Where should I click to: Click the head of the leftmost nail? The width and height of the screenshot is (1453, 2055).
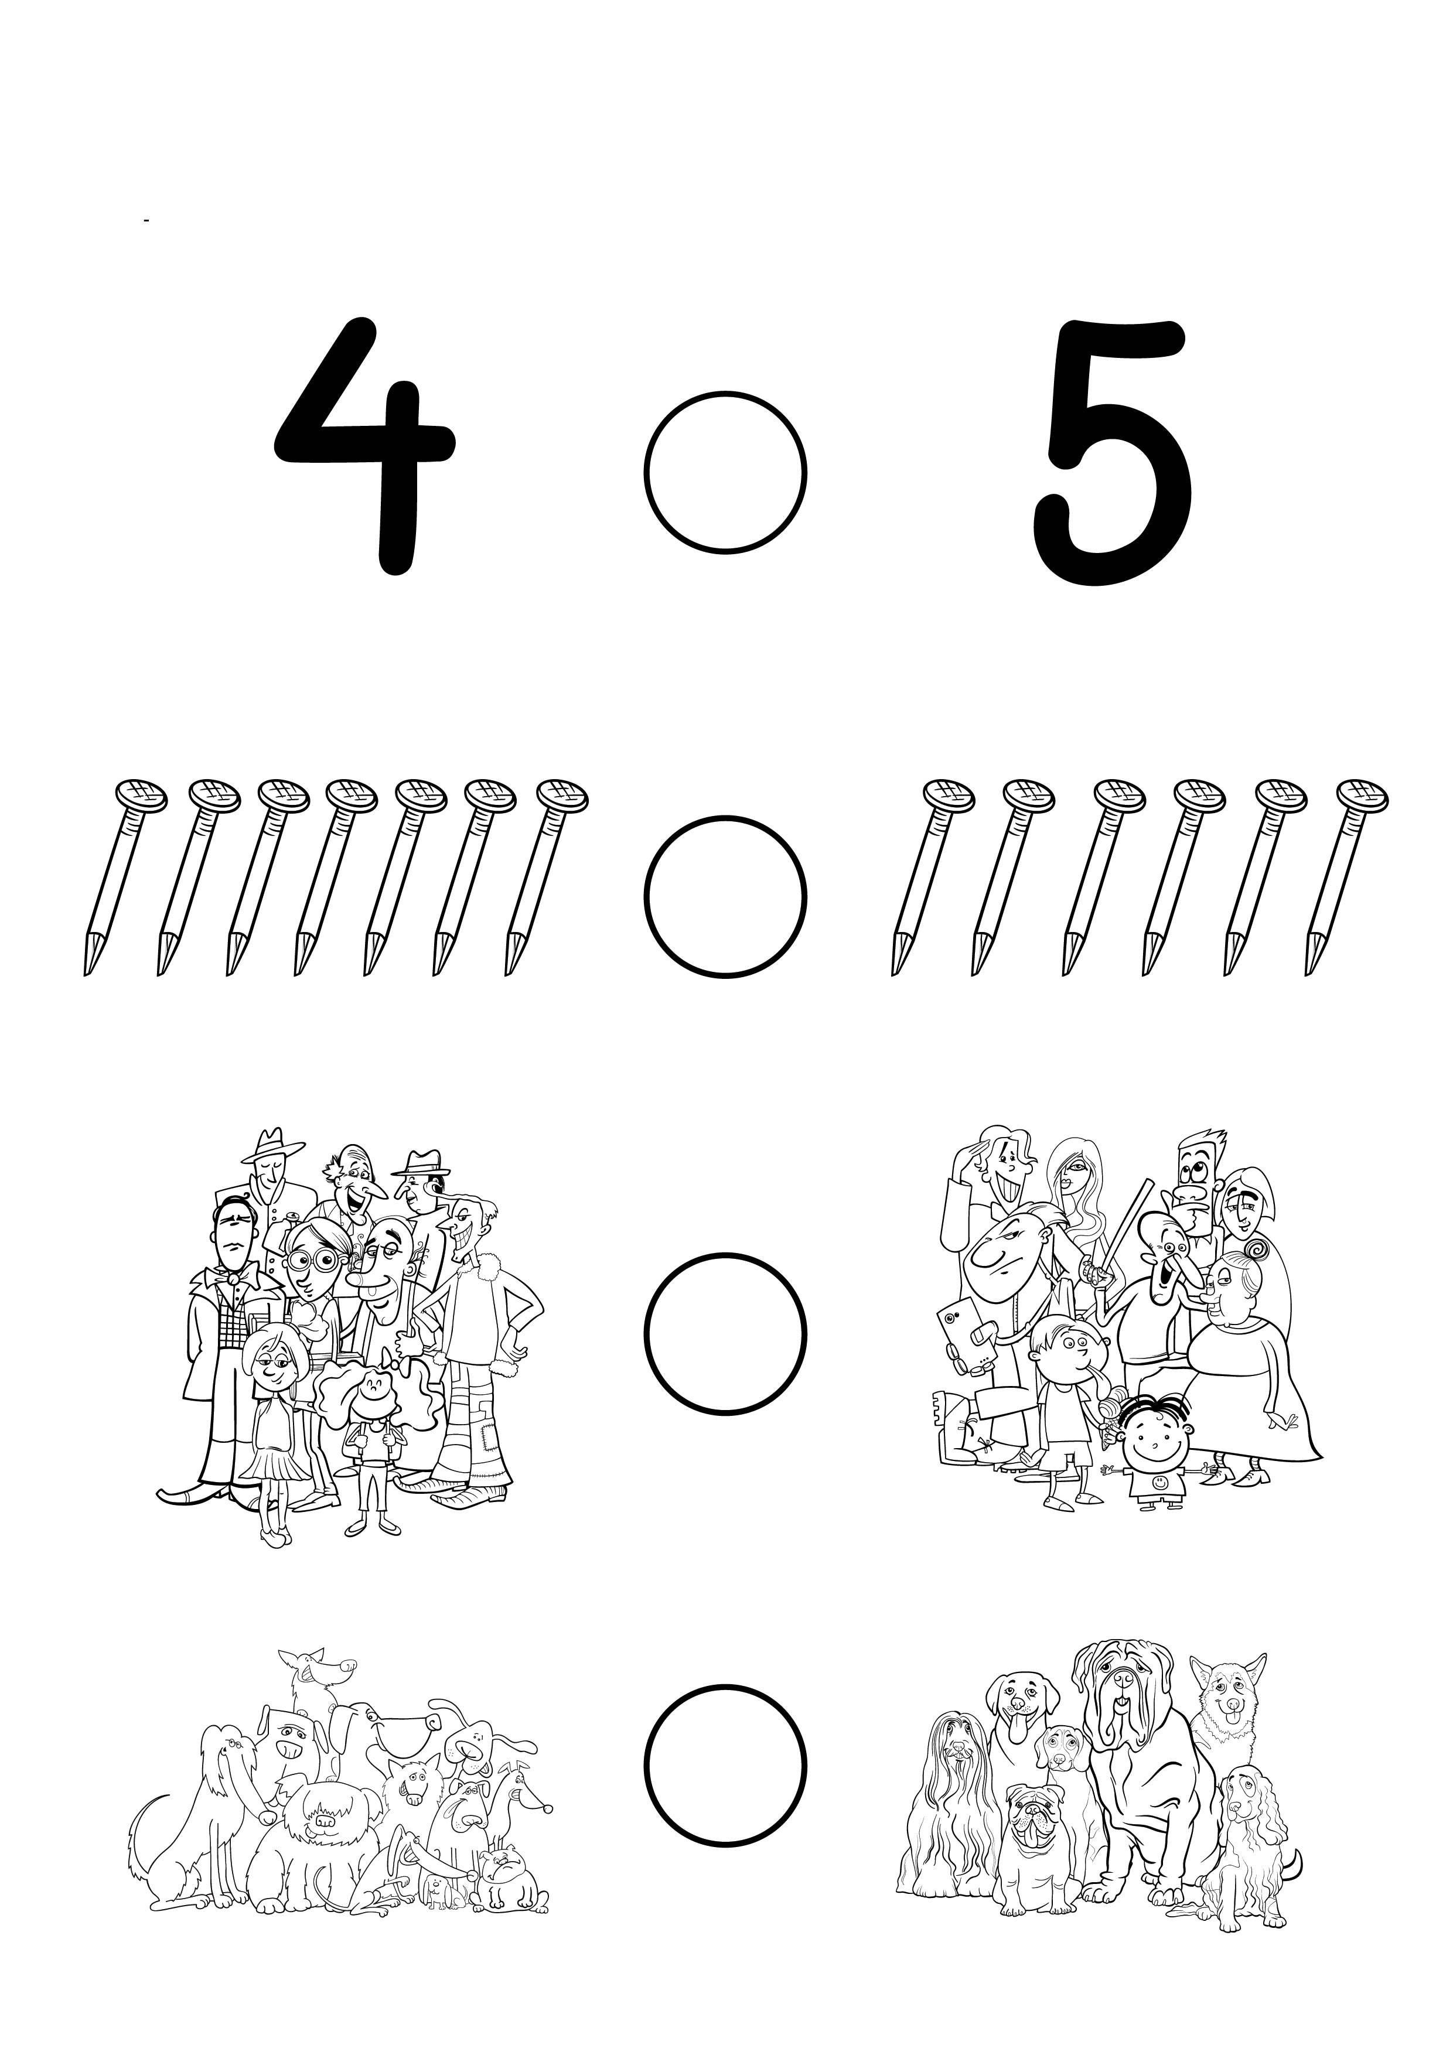coord(141,795)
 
